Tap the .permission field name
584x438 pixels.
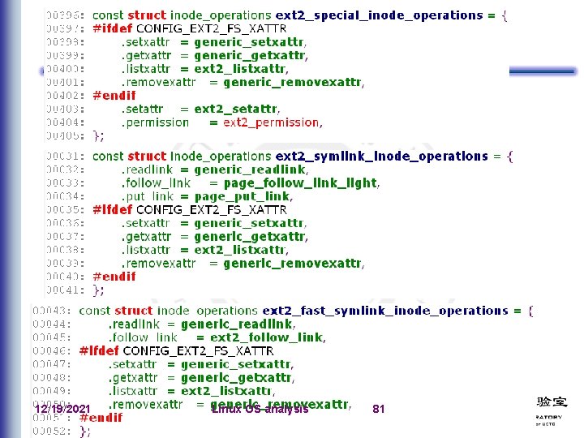pyautogui.click(x=155, y=122)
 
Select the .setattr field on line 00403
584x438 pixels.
pyautogui.click(x=143, y=109)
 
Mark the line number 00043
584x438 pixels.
pyautogui.click(x=53, y=311)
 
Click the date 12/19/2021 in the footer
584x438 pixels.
pyautogui.click(x=62, y=410)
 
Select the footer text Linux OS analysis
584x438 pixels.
pyautogui.click(x=260, y=410)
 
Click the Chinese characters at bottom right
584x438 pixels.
pyautogui.click(x=552, y=401)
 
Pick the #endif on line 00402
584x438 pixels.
pyautogui.click(x=114, y=95)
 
